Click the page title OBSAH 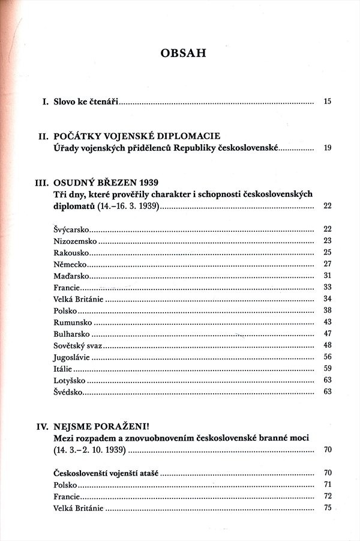coord(184,54)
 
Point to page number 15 coord(327,102)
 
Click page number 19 coord(327,148)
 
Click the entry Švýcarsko coord(71,229)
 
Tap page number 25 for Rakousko coord(327,252)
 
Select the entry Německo coord(70,264)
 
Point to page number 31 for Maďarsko coord(327,276)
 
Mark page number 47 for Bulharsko coord(327,334)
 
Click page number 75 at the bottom coord(327,508)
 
